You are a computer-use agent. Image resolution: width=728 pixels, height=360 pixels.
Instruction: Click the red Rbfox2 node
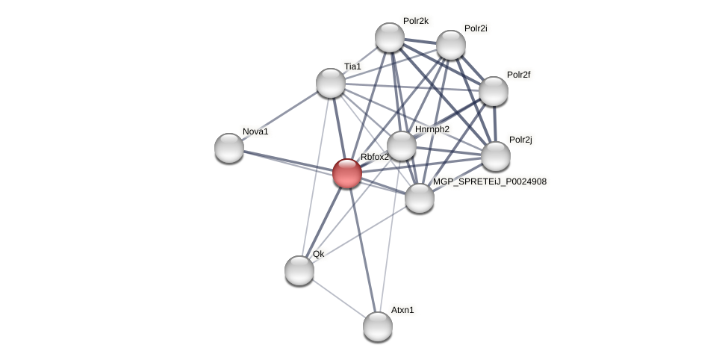tap(347, 173)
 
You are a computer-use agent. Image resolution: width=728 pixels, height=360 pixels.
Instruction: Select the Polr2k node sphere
tap(390, 37)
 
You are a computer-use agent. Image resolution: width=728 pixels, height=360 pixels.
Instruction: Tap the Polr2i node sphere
tap(451, 45)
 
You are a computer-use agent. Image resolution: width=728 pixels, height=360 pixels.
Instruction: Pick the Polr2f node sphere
tap(494, 91)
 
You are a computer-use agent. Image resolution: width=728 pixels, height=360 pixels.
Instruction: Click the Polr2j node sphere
tap(496, 156)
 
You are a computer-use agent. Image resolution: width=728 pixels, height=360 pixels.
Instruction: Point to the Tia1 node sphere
tap(331, 83)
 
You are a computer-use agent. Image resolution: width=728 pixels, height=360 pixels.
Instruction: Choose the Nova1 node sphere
tap(229, 148)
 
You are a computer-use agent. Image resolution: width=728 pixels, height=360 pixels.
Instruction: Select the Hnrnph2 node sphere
tap(402, 146)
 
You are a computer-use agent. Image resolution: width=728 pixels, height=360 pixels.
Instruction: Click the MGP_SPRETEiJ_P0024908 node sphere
tap(420, 198)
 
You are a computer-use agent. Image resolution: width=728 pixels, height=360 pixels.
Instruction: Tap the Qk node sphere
tap(299, 270)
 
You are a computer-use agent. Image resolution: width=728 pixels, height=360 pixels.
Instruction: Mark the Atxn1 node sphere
tap(378, 326)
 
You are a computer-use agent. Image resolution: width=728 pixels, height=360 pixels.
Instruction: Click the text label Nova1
tap(255, 132)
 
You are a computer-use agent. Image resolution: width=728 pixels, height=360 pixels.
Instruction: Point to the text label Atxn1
tap(402, 310)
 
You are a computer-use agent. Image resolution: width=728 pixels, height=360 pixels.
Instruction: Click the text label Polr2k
tap(416, 21)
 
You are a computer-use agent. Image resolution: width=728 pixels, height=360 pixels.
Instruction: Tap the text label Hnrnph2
tap(432, 129)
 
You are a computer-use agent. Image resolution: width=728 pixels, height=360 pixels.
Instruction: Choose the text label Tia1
tap(352, 66)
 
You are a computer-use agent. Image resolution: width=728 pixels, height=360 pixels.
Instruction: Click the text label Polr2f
tap(519, 75)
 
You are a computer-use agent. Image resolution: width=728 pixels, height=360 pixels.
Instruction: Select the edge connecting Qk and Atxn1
tap(338, 298)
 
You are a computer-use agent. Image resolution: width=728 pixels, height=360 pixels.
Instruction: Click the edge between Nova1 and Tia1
tap(280, 116)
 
